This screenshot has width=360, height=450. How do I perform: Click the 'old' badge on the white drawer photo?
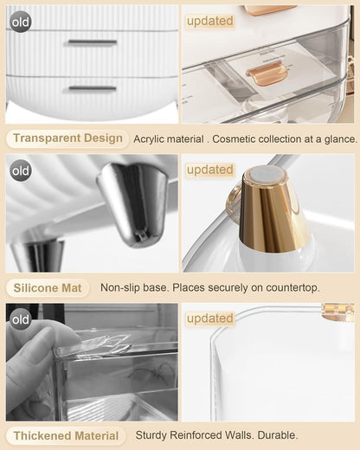click(21, 21)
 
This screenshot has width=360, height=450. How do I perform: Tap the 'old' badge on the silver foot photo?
click(21, 170)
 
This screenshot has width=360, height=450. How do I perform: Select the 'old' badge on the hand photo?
click(21, 319)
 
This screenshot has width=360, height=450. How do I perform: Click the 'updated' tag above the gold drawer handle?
click(209, 20)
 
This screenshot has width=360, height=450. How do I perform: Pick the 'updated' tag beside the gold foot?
click(209, 170)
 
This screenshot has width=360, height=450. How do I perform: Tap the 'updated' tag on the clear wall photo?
click(209, 318)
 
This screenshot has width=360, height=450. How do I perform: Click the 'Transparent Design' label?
click(67, 138)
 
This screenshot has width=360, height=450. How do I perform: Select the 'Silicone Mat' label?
click(48, 287)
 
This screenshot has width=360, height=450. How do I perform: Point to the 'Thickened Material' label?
click(67, 435)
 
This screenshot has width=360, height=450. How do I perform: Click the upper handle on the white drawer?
click(91, 42)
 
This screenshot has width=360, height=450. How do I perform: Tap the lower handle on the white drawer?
click(91, 88)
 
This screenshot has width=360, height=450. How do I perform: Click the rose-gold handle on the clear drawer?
click(266, 76)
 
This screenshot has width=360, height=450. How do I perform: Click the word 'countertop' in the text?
click(287, 287)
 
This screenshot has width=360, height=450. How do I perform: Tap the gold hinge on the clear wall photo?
click(337, 312)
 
